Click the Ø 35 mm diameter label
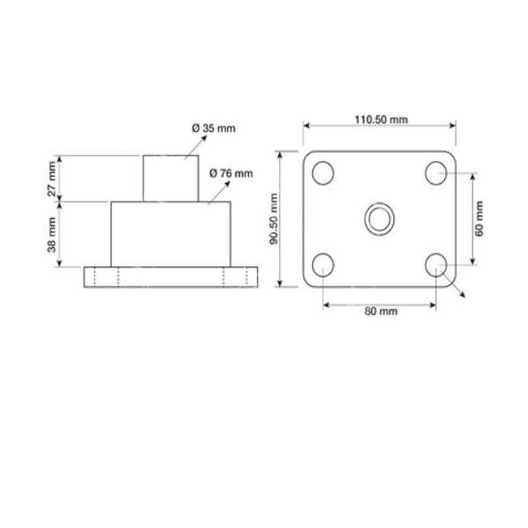(214, 128)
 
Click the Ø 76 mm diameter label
(231, 172)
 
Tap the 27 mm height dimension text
(54, 179)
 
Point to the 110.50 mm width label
(380, 120)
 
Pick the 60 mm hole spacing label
(479, 218)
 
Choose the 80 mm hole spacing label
(379, 312)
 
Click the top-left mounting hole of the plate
(323, 173)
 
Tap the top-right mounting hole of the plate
(436, 173)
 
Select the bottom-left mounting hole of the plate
(323, 264)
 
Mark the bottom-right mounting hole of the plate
(436, 264)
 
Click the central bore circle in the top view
(379, 217)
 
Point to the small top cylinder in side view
(170, 179)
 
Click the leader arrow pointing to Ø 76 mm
(213, 193)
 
